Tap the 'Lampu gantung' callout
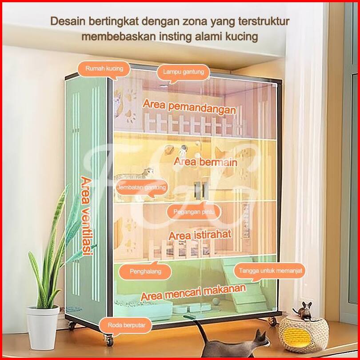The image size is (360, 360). click(x=183, y=72)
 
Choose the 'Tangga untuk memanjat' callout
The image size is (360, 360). click(x=271, y=270)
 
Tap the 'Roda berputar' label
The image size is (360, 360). click(x=126, y=325)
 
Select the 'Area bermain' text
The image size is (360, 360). click(x=205, y=161)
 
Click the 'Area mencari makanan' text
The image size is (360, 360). click(x=193, y=293)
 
